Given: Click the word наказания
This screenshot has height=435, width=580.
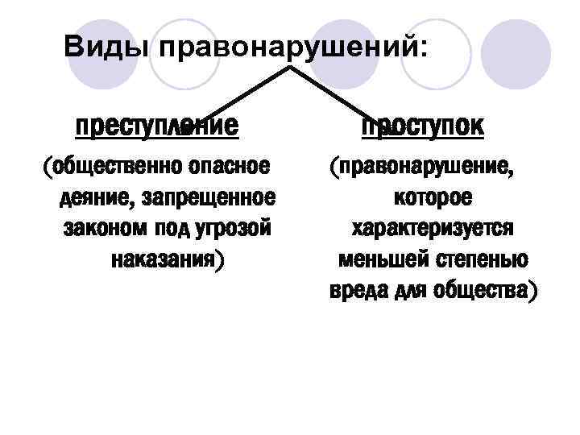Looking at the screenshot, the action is coord(164,259).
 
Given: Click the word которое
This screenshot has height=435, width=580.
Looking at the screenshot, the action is coord(433,198).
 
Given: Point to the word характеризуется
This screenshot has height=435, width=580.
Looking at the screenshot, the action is coord(433,229).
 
